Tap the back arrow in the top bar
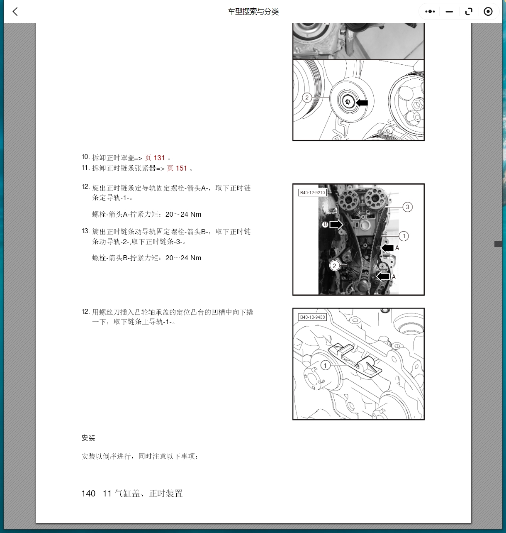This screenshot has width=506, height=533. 15,12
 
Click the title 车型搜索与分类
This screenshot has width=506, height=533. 253,12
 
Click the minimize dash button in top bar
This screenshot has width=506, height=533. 449,12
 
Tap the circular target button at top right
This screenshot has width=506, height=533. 488,12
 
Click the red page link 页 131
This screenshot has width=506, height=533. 155,158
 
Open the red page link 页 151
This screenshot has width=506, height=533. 177,168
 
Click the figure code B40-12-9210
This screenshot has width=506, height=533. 312,193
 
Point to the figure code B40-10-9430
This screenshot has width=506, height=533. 312,317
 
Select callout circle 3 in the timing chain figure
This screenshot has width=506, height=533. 407,207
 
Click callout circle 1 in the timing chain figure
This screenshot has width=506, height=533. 404,236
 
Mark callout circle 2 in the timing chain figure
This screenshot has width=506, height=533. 334,266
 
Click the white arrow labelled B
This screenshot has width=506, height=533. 336,225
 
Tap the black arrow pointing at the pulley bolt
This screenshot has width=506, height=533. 362,102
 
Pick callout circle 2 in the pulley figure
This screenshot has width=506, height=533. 307,98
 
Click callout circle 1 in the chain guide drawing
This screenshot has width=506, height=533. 326,365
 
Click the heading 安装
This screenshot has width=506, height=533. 88,438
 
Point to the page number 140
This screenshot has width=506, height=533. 88,494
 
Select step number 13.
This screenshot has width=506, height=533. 85,231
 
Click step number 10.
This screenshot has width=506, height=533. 85,157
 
